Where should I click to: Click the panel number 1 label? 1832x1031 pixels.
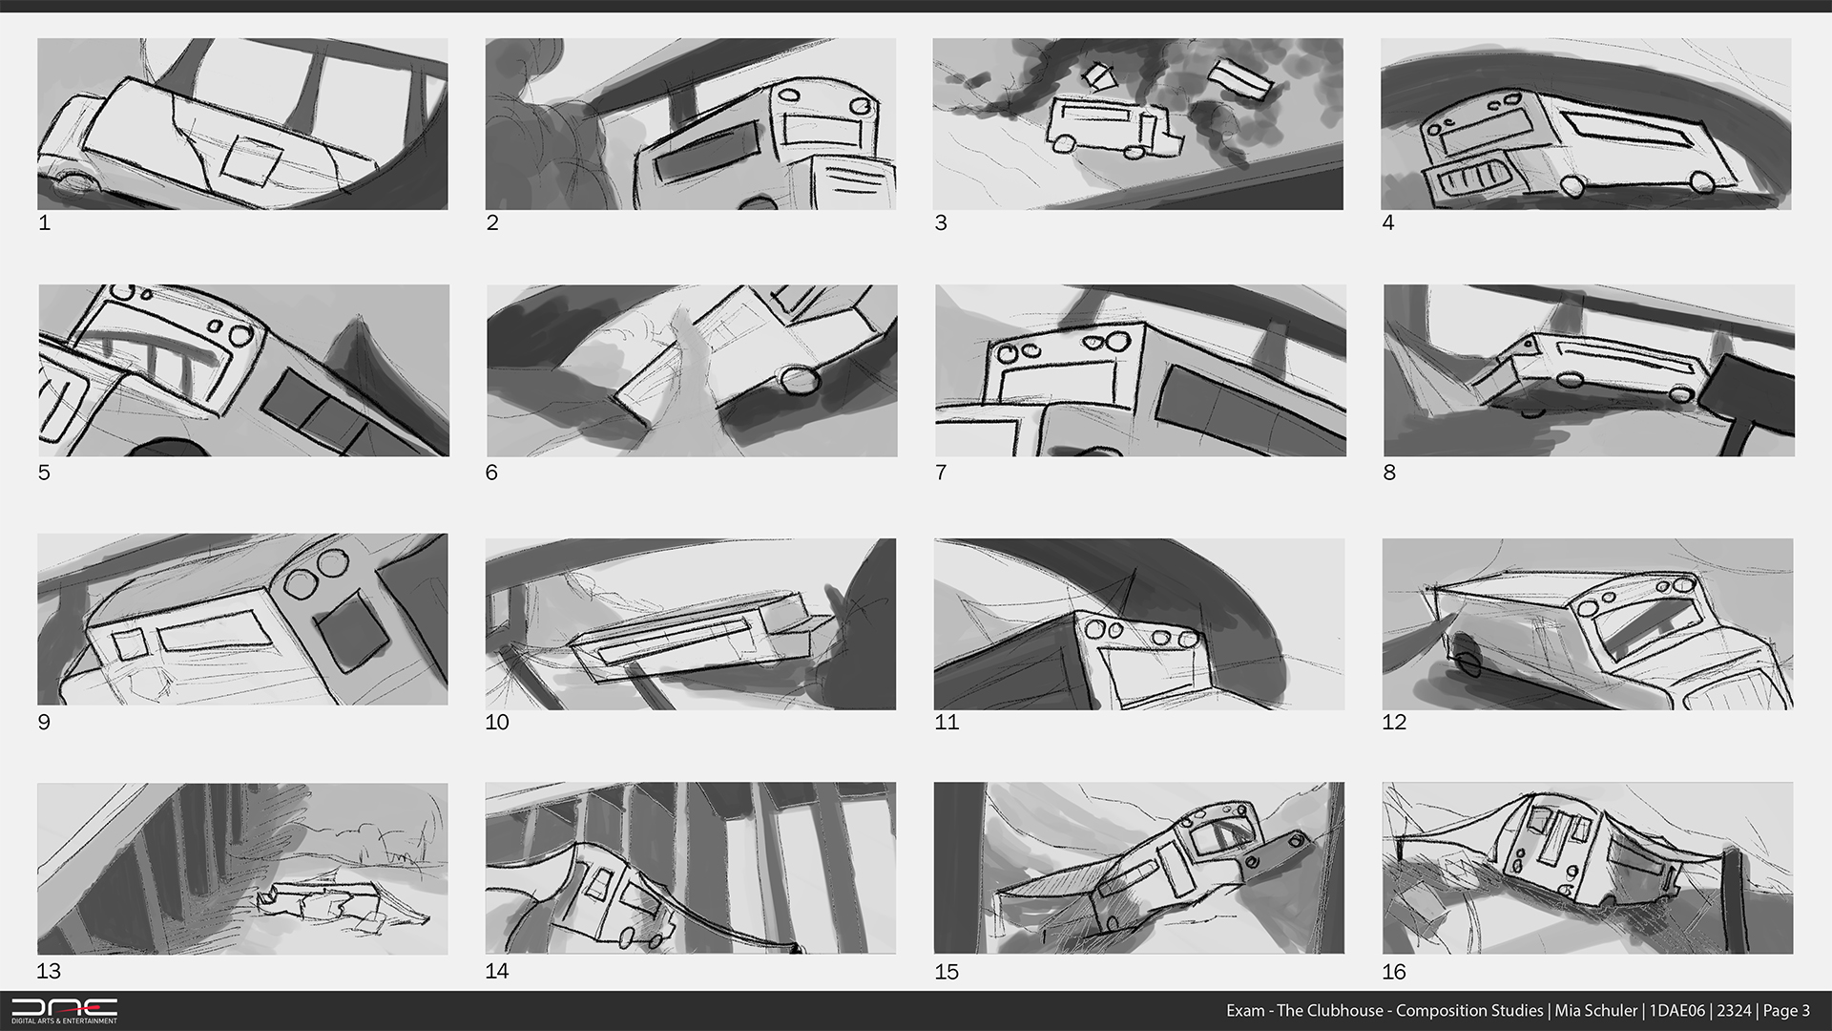(44, 223)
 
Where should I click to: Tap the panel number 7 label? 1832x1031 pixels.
(941, 473)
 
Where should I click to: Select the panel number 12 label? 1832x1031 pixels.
(1394, 722)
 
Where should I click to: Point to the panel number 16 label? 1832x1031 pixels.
(1394, 972)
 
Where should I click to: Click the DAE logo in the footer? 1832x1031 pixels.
(64, 1011)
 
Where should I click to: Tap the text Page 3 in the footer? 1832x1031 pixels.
(1786, 1011)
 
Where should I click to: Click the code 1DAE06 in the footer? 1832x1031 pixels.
(1676, 1011)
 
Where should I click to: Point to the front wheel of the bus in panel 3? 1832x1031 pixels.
(1063, 143)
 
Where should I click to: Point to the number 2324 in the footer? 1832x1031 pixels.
(1734, 1011)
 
